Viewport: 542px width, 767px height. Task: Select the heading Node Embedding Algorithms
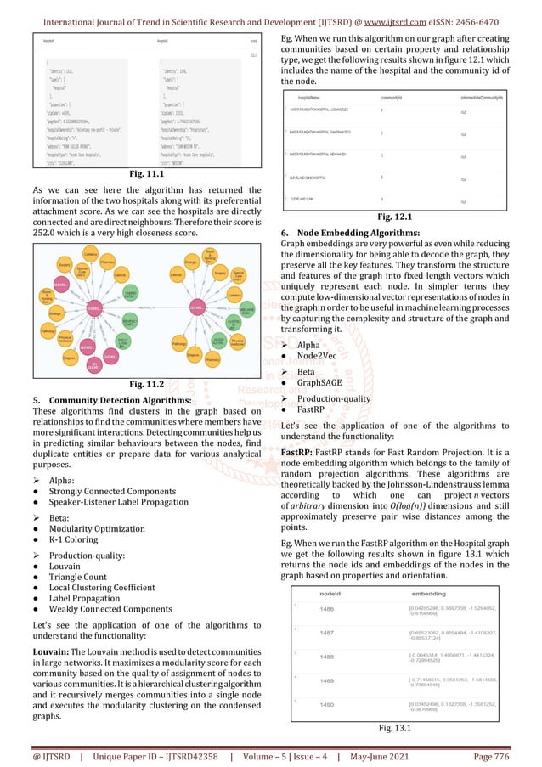353,233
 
